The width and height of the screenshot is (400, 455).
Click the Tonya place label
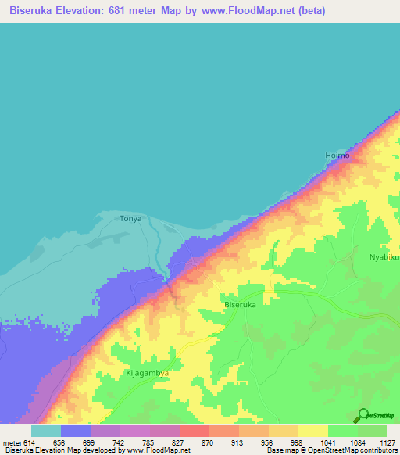point(130,219)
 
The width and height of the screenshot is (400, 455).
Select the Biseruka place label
point(241,305)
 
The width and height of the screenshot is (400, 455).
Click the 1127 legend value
point(386,442)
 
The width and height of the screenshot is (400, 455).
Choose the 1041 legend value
point(327,442)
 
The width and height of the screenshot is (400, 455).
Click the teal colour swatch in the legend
point(46,431)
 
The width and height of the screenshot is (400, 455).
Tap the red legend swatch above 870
point(194,431)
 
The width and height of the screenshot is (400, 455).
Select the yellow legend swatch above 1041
point(312,431)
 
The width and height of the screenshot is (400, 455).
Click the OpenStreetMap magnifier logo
point(362,417)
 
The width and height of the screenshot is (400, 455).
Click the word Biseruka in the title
point(35,11)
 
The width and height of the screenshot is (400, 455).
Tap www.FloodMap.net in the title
point(252,11)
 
